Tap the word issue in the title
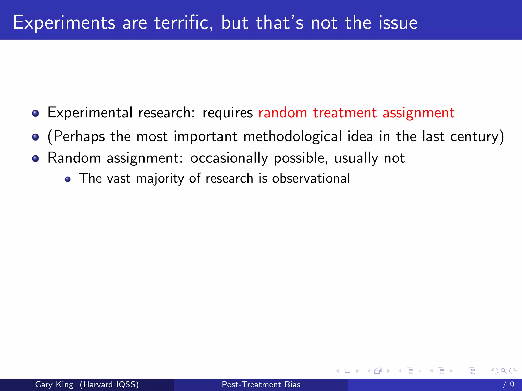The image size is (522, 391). pos(398,23)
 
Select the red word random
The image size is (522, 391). pos(283,113)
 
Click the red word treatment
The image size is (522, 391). pos(345,113)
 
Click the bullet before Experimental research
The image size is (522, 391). pos(36,113)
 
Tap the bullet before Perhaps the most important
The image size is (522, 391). pos(36,137)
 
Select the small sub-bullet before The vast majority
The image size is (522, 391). pos(68,179)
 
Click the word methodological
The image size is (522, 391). pos(292,137)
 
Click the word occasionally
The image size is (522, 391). pos(229,158)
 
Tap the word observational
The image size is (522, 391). pos(311,178)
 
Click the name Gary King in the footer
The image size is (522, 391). pos(54,384)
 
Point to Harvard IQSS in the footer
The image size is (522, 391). pos(109,384)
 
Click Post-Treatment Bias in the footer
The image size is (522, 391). pos(261,384)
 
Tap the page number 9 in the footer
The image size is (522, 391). pos(512,384)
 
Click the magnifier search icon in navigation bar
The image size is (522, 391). pos(503,371)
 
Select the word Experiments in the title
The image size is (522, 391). pos(64,23)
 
